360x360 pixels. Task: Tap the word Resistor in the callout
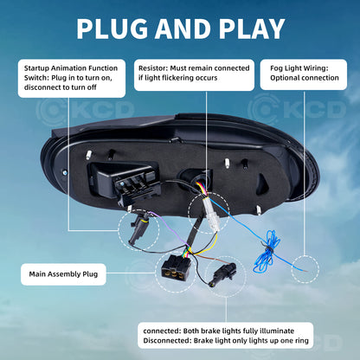(x=152, y=68)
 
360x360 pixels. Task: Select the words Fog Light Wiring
(x=299, y=68)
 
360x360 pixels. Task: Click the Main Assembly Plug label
(x=63, y=274)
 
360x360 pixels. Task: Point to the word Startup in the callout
(x=36, y=68)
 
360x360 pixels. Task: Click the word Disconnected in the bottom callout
(x=167, y=341)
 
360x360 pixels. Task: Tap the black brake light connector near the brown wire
(x=222, y=273)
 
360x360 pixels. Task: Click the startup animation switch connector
(x=138, y=228)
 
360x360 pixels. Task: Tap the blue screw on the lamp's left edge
(x=65, y=172)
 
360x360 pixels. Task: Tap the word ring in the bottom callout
(x=301, y=341)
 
